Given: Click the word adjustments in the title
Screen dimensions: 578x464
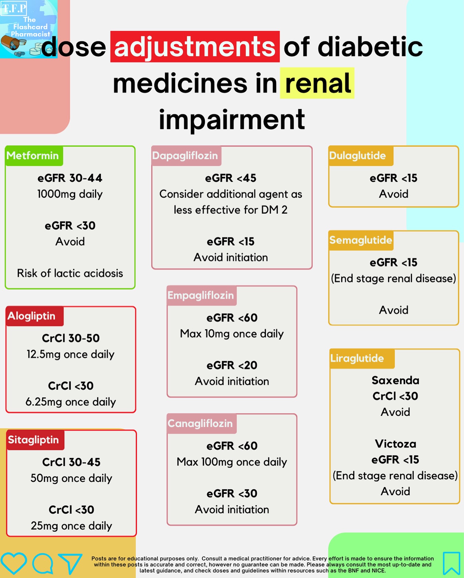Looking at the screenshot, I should point(195,47).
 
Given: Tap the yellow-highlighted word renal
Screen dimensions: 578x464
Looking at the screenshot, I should point(317,84).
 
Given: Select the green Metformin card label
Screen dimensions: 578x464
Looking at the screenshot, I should point(33,156).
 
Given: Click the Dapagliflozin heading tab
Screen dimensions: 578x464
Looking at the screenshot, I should point(186,156).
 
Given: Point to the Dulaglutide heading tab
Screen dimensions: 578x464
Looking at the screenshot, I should point(358,156).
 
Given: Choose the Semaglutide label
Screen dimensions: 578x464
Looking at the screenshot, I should point(361,240).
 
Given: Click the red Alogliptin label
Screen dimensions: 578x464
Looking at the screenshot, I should point(32,316).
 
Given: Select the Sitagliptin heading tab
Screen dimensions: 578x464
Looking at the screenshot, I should point(34,440).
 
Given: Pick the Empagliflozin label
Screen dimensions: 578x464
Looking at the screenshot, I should point(201,295).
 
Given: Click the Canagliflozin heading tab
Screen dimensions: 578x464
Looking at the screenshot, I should point(200,423).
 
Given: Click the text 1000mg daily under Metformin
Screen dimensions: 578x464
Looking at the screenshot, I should point(70,194).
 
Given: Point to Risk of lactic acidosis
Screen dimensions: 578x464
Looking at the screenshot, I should point(70,273).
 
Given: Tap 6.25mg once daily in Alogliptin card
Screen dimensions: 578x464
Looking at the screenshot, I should point(71,402).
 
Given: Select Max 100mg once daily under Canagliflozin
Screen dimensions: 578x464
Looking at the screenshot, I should point(232,462).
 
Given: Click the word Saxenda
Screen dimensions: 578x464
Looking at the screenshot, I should point(395,380).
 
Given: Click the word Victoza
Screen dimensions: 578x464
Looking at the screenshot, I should point(395,444).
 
